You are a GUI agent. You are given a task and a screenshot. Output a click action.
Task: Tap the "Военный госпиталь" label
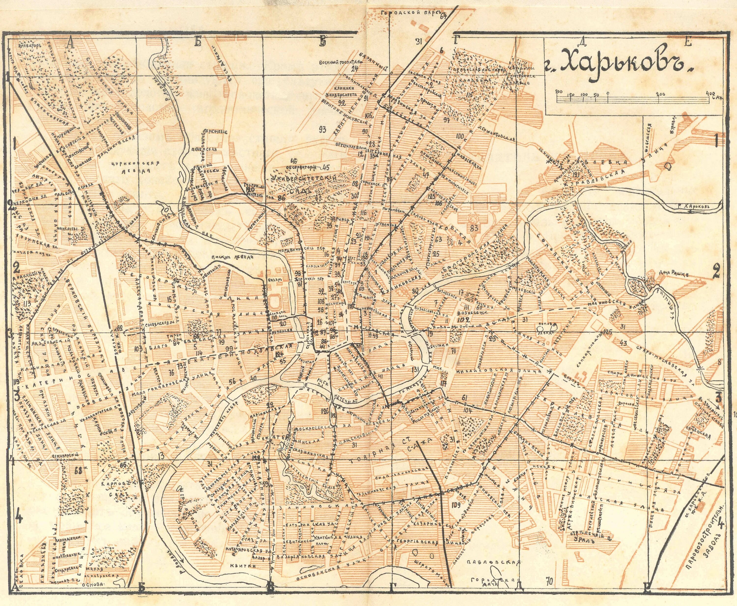coord(336,62)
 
